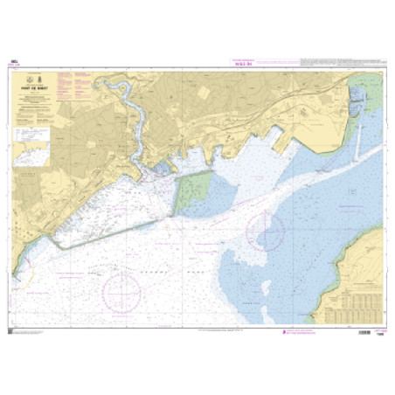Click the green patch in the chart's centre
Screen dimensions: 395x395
pos(195,191)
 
